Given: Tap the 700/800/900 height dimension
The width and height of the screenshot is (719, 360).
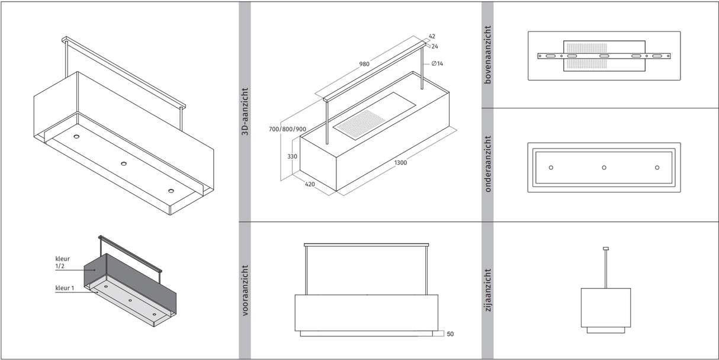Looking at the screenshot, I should [287, 129].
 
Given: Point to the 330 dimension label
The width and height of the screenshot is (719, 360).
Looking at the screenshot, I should [291, 157].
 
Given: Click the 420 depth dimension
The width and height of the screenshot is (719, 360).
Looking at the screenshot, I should [309, 184].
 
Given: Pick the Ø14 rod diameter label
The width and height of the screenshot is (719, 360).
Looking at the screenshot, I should [437, 63].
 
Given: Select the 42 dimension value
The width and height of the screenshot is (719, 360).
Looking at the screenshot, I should [432, 37].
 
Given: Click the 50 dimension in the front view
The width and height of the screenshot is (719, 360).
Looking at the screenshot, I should [450, 334].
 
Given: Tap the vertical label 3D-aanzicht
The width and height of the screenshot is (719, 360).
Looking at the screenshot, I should [245, 112].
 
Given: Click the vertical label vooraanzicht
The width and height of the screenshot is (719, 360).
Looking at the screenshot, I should [245, 290].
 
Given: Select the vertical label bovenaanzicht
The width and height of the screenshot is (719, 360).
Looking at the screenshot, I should [488, 54].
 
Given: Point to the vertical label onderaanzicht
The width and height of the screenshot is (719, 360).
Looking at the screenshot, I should [488, 164].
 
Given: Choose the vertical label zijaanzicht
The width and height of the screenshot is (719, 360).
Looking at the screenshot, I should [488, 290].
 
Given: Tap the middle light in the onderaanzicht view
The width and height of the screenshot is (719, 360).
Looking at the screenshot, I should [604, 168].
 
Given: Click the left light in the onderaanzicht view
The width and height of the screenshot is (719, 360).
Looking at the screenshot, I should [551, 168].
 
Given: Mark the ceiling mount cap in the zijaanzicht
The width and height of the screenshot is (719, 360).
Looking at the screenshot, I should [605, 248].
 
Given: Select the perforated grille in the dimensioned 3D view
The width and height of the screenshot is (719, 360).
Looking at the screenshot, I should [362, 123].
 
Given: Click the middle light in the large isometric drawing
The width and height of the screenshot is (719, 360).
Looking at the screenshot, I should [124, 163].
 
